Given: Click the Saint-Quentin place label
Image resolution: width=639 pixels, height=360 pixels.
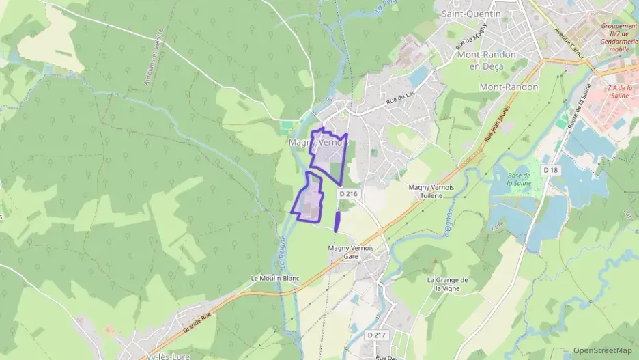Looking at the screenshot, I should coord(471,13).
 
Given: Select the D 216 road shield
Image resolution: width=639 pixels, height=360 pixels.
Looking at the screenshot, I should coord(348,194).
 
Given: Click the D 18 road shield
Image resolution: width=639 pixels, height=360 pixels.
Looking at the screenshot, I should coord(550,169).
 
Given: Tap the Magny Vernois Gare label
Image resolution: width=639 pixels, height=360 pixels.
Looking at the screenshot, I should coord(351,252).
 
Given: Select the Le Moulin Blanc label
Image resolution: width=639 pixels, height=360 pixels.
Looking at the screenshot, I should coord(275,278).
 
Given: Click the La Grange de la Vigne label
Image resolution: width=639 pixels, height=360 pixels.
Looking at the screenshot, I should coord(447,284).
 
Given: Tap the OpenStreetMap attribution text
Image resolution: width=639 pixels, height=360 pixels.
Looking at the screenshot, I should coord(603,350).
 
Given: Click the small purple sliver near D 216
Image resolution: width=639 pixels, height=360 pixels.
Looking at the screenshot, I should coord(337,221).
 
